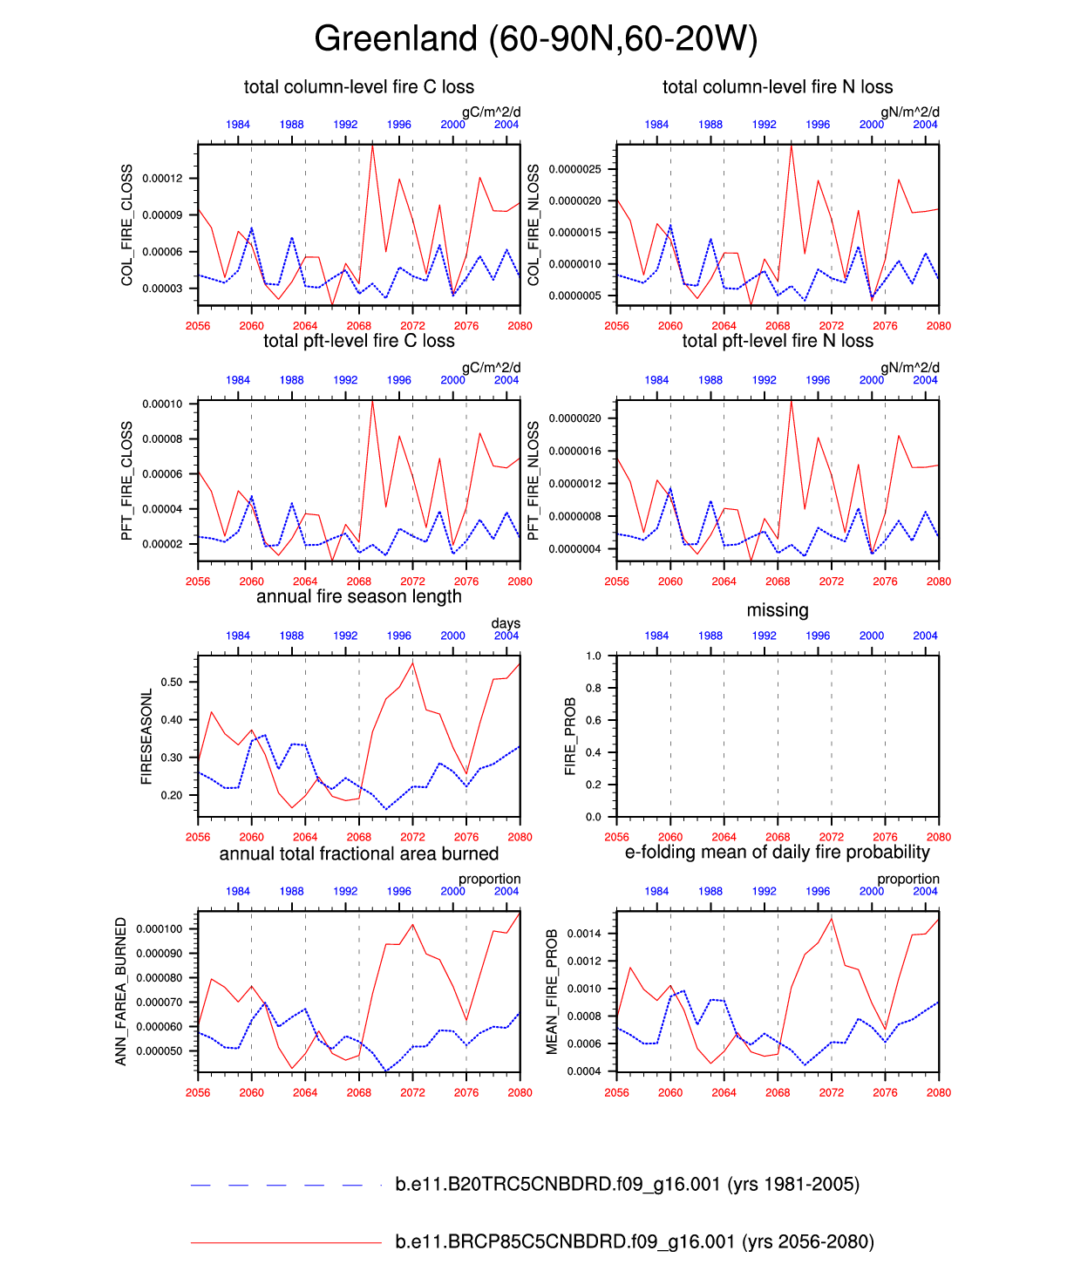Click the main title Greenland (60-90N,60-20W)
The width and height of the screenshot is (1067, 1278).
[535, 39]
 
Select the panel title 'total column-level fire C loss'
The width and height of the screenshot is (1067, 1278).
[358, 86]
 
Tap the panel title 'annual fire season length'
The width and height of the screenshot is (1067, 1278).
[358, 596]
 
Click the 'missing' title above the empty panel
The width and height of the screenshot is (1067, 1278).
[777, 610]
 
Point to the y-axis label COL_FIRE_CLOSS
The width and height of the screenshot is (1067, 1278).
[127, 225]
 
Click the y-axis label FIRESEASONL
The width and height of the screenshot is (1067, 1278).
[146, 737]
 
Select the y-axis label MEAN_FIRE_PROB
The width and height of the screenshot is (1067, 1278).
[552, 991]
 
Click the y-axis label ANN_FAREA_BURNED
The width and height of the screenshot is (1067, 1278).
[121, 991]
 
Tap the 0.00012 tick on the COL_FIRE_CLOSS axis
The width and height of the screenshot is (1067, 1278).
[162, 179]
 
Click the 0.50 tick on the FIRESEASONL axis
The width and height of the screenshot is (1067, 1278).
[172, 682]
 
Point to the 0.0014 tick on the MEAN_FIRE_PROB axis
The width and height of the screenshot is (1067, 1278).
[584, 934]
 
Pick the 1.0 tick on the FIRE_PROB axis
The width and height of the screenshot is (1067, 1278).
[594, 656]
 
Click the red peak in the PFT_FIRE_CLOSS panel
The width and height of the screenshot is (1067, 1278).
[372, 402]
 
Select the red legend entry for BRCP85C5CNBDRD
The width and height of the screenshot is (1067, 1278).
[634, 1241]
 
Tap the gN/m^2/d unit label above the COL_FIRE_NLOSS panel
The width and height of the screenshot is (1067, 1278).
[909, 112]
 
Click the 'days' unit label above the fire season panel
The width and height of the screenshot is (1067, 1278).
[506, 623]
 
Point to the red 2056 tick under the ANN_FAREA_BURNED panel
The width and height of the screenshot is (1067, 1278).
[198, 1092]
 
